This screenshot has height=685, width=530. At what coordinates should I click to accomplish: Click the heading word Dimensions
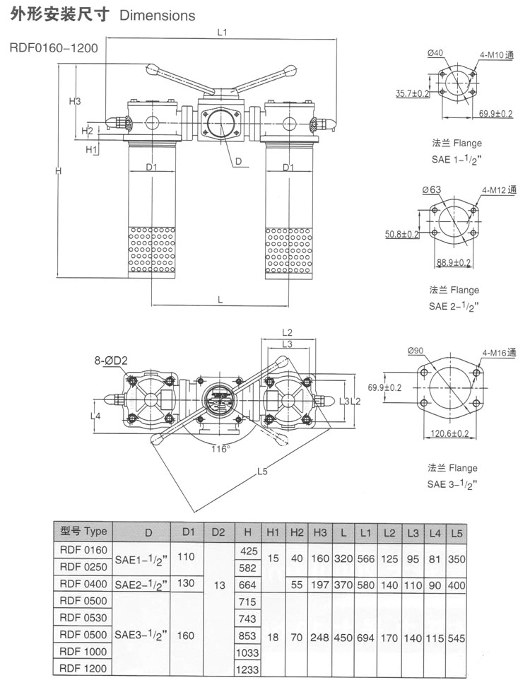158,15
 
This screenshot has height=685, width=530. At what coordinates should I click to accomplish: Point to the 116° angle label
220,448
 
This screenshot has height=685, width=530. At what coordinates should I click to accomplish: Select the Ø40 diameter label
435,52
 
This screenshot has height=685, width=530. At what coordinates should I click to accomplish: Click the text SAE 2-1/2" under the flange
454,306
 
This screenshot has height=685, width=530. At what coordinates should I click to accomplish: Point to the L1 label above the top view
221,33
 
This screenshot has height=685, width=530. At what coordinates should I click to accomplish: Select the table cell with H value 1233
247,669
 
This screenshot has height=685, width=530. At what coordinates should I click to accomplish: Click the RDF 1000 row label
83,650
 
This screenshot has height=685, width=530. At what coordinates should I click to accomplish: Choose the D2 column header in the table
218,532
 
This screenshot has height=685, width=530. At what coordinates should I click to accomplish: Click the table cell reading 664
247,584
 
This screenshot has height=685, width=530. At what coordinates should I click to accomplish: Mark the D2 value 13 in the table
218,584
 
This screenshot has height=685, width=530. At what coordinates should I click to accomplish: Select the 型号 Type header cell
83,531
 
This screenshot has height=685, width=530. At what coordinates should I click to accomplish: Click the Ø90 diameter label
416,351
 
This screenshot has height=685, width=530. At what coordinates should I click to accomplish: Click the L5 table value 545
457,637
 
